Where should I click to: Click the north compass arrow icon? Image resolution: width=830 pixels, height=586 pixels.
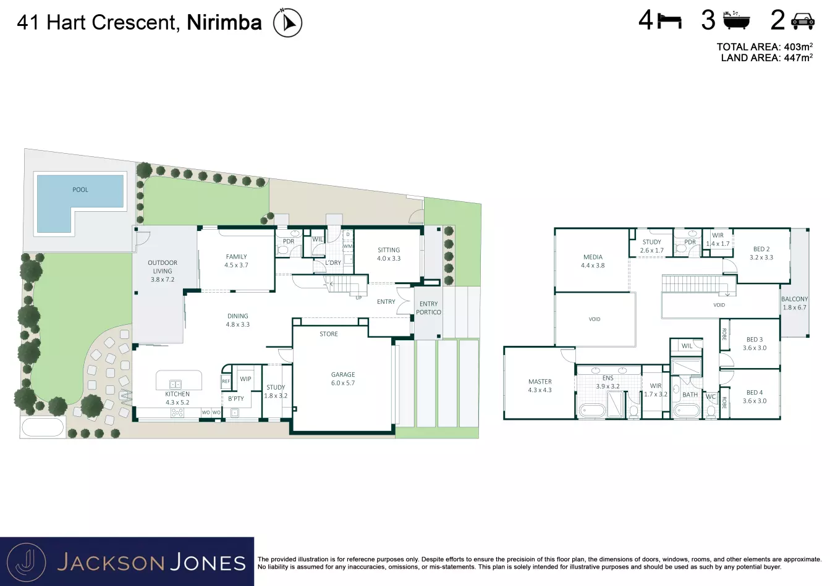[x=287, y=23]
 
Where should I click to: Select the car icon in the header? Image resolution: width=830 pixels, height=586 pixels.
[x=803, y=21]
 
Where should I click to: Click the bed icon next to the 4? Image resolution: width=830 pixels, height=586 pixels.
[x=669, y=21]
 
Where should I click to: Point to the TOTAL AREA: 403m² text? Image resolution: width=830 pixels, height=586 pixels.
[x=764, y=47]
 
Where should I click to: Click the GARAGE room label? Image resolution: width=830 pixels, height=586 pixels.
[x=343, y=375]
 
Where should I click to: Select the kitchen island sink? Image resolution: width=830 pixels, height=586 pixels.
[x=175, y=384]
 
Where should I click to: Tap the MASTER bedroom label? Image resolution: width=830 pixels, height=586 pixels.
[x=540, y=381]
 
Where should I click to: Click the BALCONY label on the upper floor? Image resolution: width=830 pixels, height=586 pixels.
[x=794, y=299]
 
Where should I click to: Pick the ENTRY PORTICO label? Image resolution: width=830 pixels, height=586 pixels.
[x=428, y=308]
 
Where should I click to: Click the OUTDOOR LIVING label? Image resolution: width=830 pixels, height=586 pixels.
[x=163, y=267]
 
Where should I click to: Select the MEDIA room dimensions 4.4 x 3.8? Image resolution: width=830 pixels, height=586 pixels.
[x=593, y=266]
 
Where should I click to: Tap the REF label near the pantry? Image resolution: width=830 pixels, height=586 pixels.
[x=226, y=381]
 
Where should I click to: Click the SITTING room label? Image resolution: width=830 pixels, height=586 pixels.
[x=389, y=250]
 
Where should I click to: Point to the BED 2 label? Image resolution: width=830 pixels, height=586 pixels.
[x=761, y=249]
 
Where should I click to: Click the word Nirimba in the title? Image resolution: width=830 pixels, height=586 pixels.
[x=224, y=22]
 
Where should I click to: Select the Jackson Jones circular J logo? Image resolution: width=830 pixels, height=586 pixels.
[x=27, y=563]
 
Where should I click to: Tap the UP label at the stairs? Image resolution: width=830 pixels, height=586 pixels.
[x=358, y=298]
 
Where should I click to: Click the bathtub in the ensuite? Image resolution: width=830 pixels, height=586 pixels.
[x=592, y=411]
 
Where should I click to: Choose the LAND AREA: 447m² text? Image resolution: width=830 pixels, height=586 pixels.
[x=766, y=58]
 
